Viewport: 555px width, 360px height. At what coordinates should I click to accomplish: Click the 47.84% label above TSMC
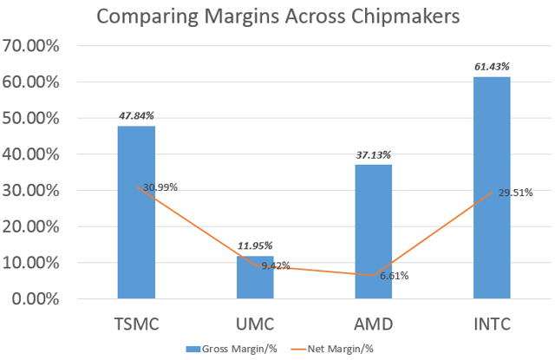[136, 115]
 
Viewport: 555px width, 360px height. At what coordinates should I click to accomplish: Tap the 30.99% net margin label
[160, 187]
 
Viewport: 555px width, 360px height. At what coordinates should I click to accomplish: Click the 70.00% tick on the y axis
[31, 46]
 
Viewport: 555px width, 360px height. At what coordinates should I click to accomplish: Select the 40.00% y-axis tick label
[31, 154]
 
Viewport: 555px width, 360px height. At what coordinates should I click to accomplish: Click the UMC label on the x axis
[254, 324]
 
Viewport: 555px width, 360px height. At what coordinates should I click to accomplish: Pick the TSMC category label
[136, 324]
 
